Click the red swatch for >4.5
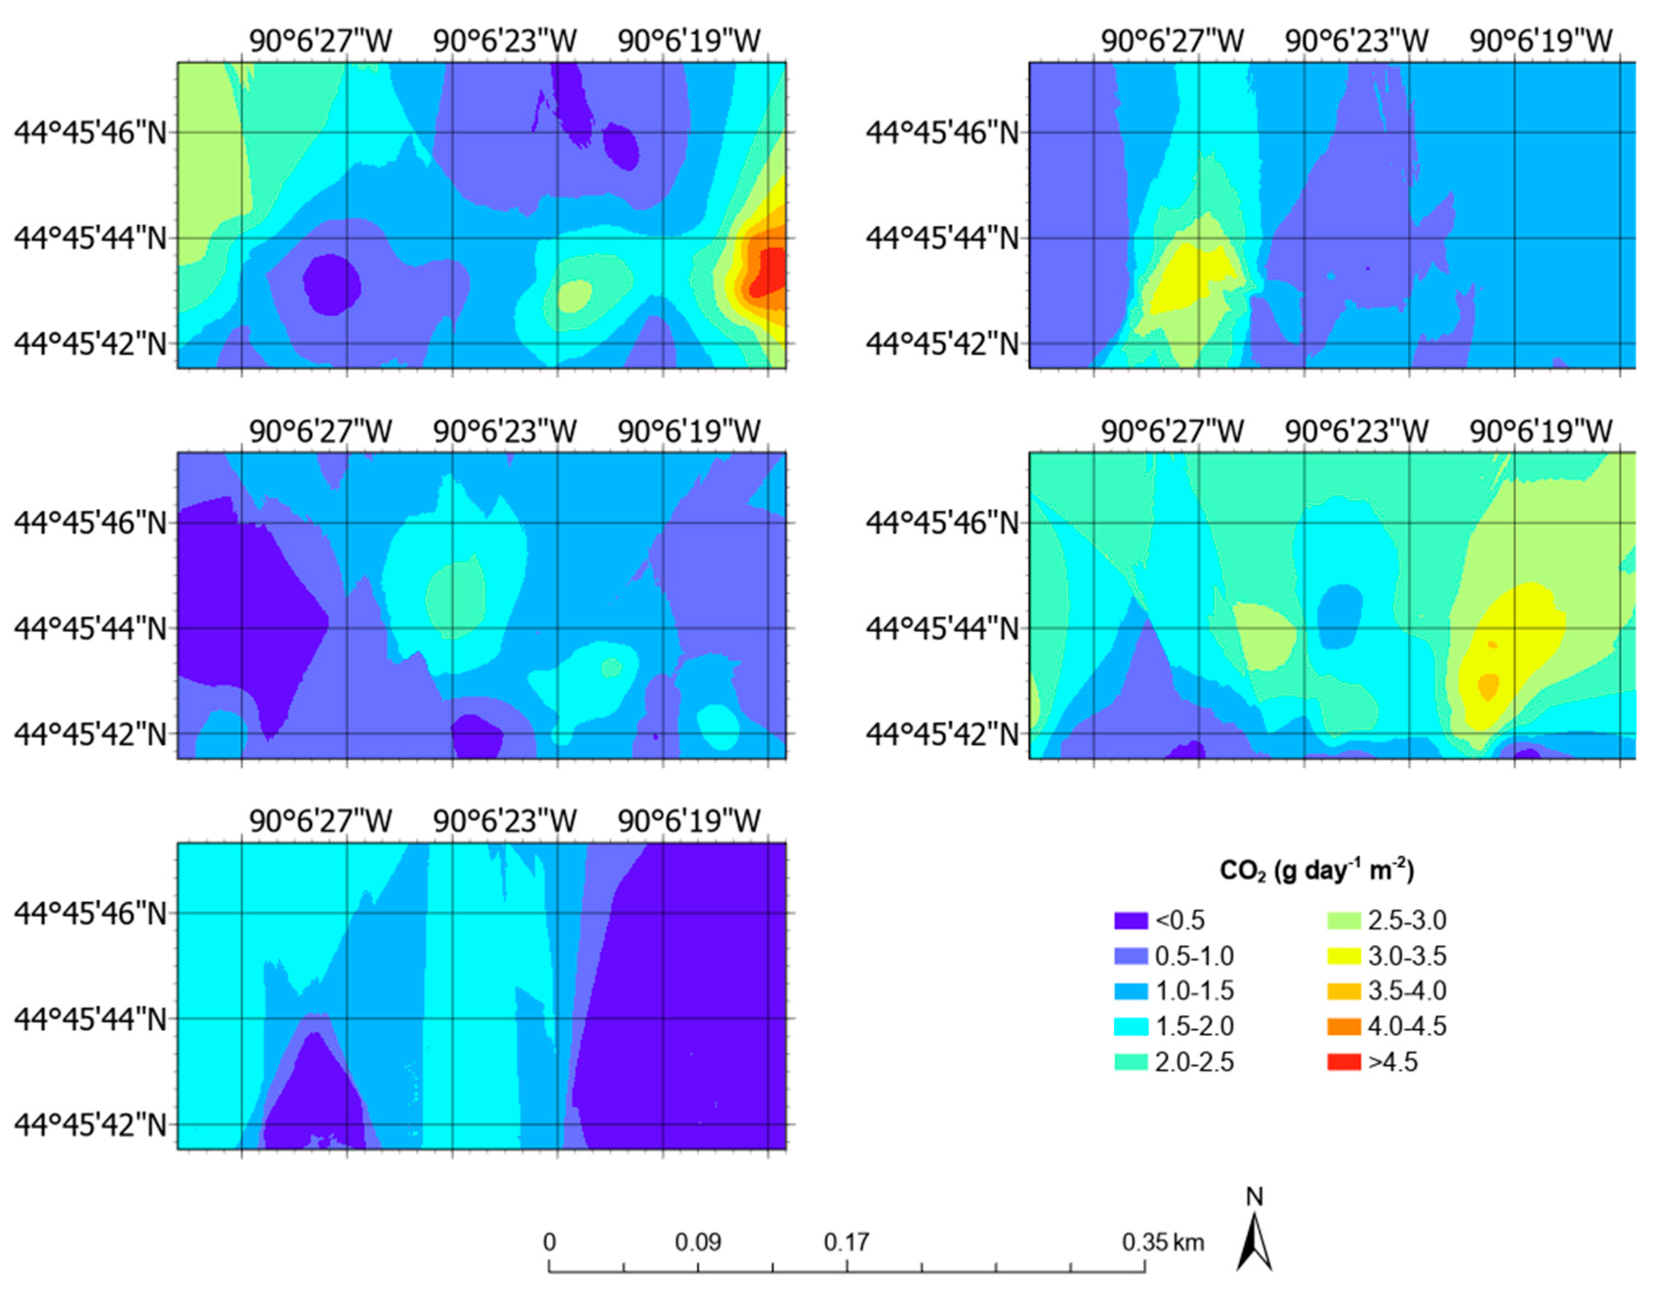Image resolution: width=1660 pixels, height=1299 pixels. [1344, 1062]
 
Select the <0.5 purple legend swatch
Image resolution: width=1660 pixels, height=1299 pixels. [1130, 920]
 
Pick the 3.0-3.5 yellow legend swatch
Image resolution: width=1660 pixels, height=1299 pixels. [1344, 956]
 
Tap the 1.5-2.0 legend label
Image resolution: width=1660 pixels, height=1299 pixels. [1194, 1027]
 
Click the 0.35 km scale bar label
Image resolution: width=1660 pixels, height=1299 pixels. [1162, 1243]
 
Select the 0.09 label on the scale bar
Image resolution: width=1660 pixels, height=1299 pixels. [698, 1243]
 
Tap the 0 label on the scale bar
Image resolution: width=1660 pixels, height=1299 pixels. [549, 1243]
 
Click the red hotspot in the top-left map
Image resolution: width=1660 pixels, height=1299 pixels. [770, 274]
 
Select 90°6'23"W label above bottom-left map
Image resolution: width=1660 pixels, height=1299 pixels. [505, 821]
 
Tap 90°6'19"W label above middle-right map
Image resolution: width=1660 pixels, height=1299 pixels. [1540, 432]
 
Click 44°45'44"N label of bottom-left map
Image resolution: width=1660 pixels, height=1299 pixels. [90, 1019]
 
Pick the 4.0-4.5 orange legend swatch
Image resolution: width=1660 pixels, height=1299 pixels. [1344, 1027]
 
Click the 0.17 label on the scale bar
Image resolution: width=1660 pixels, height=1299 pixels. [846, 1243]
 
